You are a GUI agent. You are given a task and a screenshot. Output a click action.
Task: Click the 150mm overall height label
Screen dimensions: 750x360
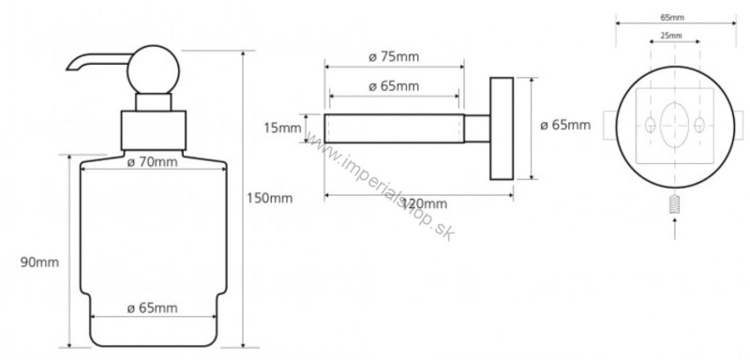270,198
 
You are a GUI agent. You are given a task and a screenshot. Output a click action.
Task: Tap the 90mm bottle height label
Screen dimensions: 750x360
39,262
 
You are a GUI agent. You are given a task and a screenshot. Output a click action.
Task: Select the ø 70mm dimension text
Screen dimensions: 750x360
153,162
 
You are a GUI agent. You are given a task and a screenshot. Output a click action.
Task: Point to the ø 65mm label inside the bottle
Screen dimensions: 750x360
153,308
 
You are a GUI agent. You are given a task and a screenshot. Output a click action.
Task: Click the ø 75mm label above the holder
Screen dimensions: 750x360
394,57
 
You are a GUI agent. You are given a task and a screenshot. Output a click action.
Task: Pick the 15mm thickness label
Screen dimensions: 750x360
283,128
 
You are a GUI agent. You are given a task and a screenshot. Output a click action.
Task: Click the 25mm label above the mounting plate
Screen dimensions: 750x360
671,36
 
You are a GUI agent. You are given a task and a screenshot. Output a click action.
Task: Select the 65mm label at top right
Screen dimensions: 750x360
672,18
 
